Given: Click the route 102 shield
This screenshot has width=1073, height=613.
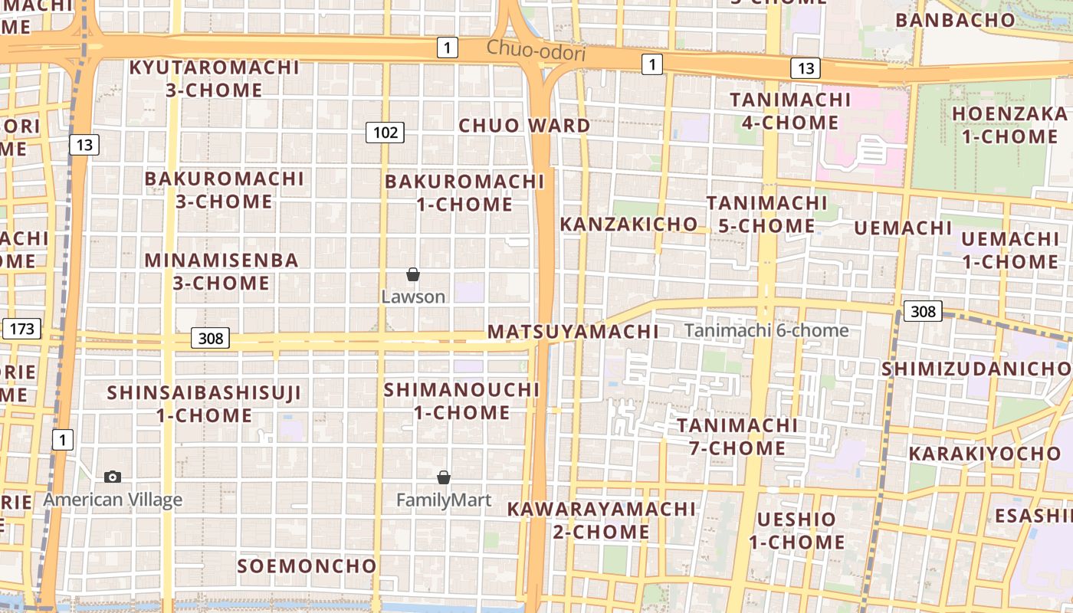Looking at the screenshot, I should tap(385, 133).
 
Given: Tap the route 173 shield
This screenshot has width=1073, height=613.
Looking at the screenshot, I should tap(21, 329).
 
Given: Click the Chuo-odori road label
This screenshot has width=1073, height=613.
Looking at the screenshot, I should tap(536, 51).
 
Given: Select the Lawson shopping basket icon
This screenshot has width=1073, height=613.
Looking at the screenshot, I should tap(413, 274).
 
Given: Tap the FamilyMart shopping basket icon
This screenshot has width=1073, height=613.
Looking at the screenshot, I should tap(443, 477).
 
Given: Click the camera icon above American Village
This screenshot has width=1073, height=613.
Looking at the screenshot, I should tap(113, 477).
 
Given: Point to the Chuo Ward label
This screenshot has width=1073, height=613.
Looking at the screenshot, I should tap(524, 126).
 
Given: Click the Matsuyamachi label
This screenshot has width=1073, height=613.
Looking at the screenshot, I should tap(573, 332).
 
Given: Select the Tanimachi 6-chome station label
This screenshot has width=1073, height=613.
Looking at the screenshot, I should tap(766, 330).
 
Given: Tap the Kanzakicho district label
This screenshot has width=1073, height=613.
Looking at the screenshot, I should tap(629, 225).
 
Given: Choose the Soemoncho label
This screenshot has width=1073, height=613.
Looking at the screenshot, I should tap(307, 566).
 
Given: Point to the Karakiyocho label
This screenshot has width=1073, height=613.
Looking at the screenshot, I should tap(984, 454).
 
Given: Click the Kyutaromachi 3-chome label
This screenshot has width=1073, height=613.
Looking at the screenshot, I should tap(214, 78).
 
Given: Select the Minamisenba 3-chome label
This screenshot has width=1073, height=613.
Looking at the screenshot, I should tap(221, 271).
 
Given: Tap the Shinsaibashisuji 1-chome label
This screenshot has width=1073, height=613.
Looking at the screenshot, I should tap(204, 404).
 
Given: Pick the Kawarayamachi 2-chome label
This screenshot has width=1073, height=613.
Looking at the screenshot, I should tap(601, 520).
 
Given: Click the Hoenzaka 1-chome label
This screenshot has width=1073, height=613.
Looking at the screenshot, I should tap(1009, 126).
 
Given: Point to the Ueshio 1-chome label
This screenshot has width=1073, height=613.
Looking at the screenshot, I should tap(796, 530).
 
